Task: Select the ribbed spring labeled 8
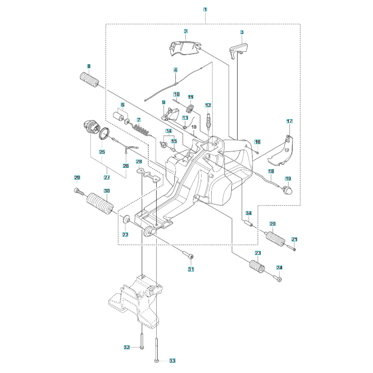tap(88, 80)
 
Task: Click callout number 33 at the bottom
tap(172, 361)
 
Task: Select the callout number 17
tap(290, 121)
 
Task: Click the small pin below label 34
tap(249, 223)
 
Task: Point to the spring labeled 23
tap(257, 267)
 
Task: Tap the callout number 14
tap(169, 131)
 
